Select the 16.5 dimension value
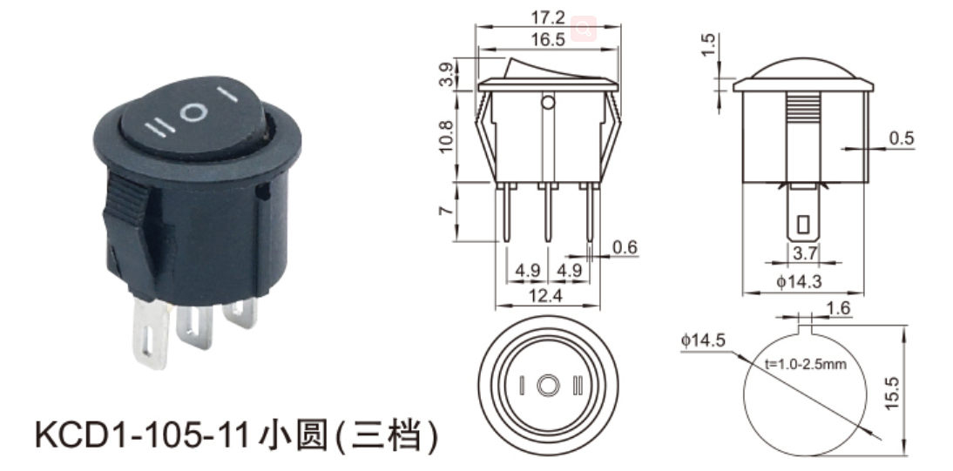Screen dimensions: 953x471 [548, 39]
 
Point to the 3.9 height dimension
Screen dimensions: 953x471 [447, 74]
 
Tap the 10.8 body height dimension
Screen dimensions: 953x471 [445, 136]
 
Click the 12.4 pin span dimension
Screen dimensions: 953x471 [547, 295]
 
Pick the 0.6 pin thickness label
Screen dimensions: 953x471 [625, 247]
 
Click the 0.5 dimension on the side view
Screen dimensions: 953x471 [902, 138]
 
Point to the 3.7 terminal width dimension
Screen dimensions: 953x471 [805, 252]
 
